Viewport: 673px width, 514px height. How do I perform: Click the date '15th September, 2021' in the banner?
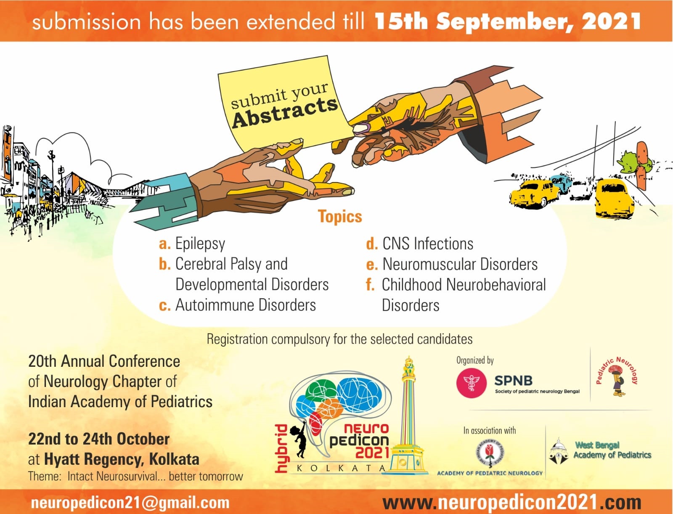(x=507, y=21)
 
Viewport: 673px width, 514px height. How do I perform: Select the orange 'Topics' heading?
(x=340, y=216)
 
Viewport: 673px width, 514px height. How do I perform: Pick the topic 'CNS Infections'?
(x=428, y=244)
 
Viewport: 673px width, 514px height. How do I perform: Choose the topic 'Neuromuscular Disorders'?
(x=460, y=265)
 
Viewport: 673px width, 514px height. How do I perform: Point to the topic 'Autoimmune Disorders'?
(x=245, y=305)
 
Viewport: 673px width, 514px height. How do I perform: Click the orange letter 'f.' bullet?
(x=370, y=285)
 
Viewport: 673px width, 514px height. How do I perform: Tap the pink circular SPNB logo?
(x=471, y=383)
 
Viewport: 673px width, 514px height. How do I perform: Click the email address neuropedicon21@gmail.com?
(x=130, y=503)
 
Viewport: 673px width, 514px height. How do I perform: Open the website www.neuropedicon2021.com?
(x=512, y=502)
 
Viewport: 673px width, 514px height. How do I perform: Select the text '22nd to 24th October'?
(x=99, y=439)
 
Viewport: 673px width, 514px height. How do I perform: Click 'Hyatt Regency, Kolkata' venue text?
(x=122, y=459)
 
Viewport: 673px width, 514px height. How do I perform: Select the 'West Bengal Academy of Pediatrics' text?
(x=612, y=450)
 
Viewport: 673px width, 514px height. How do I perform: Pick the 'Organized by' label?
(x=475, y=360)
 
